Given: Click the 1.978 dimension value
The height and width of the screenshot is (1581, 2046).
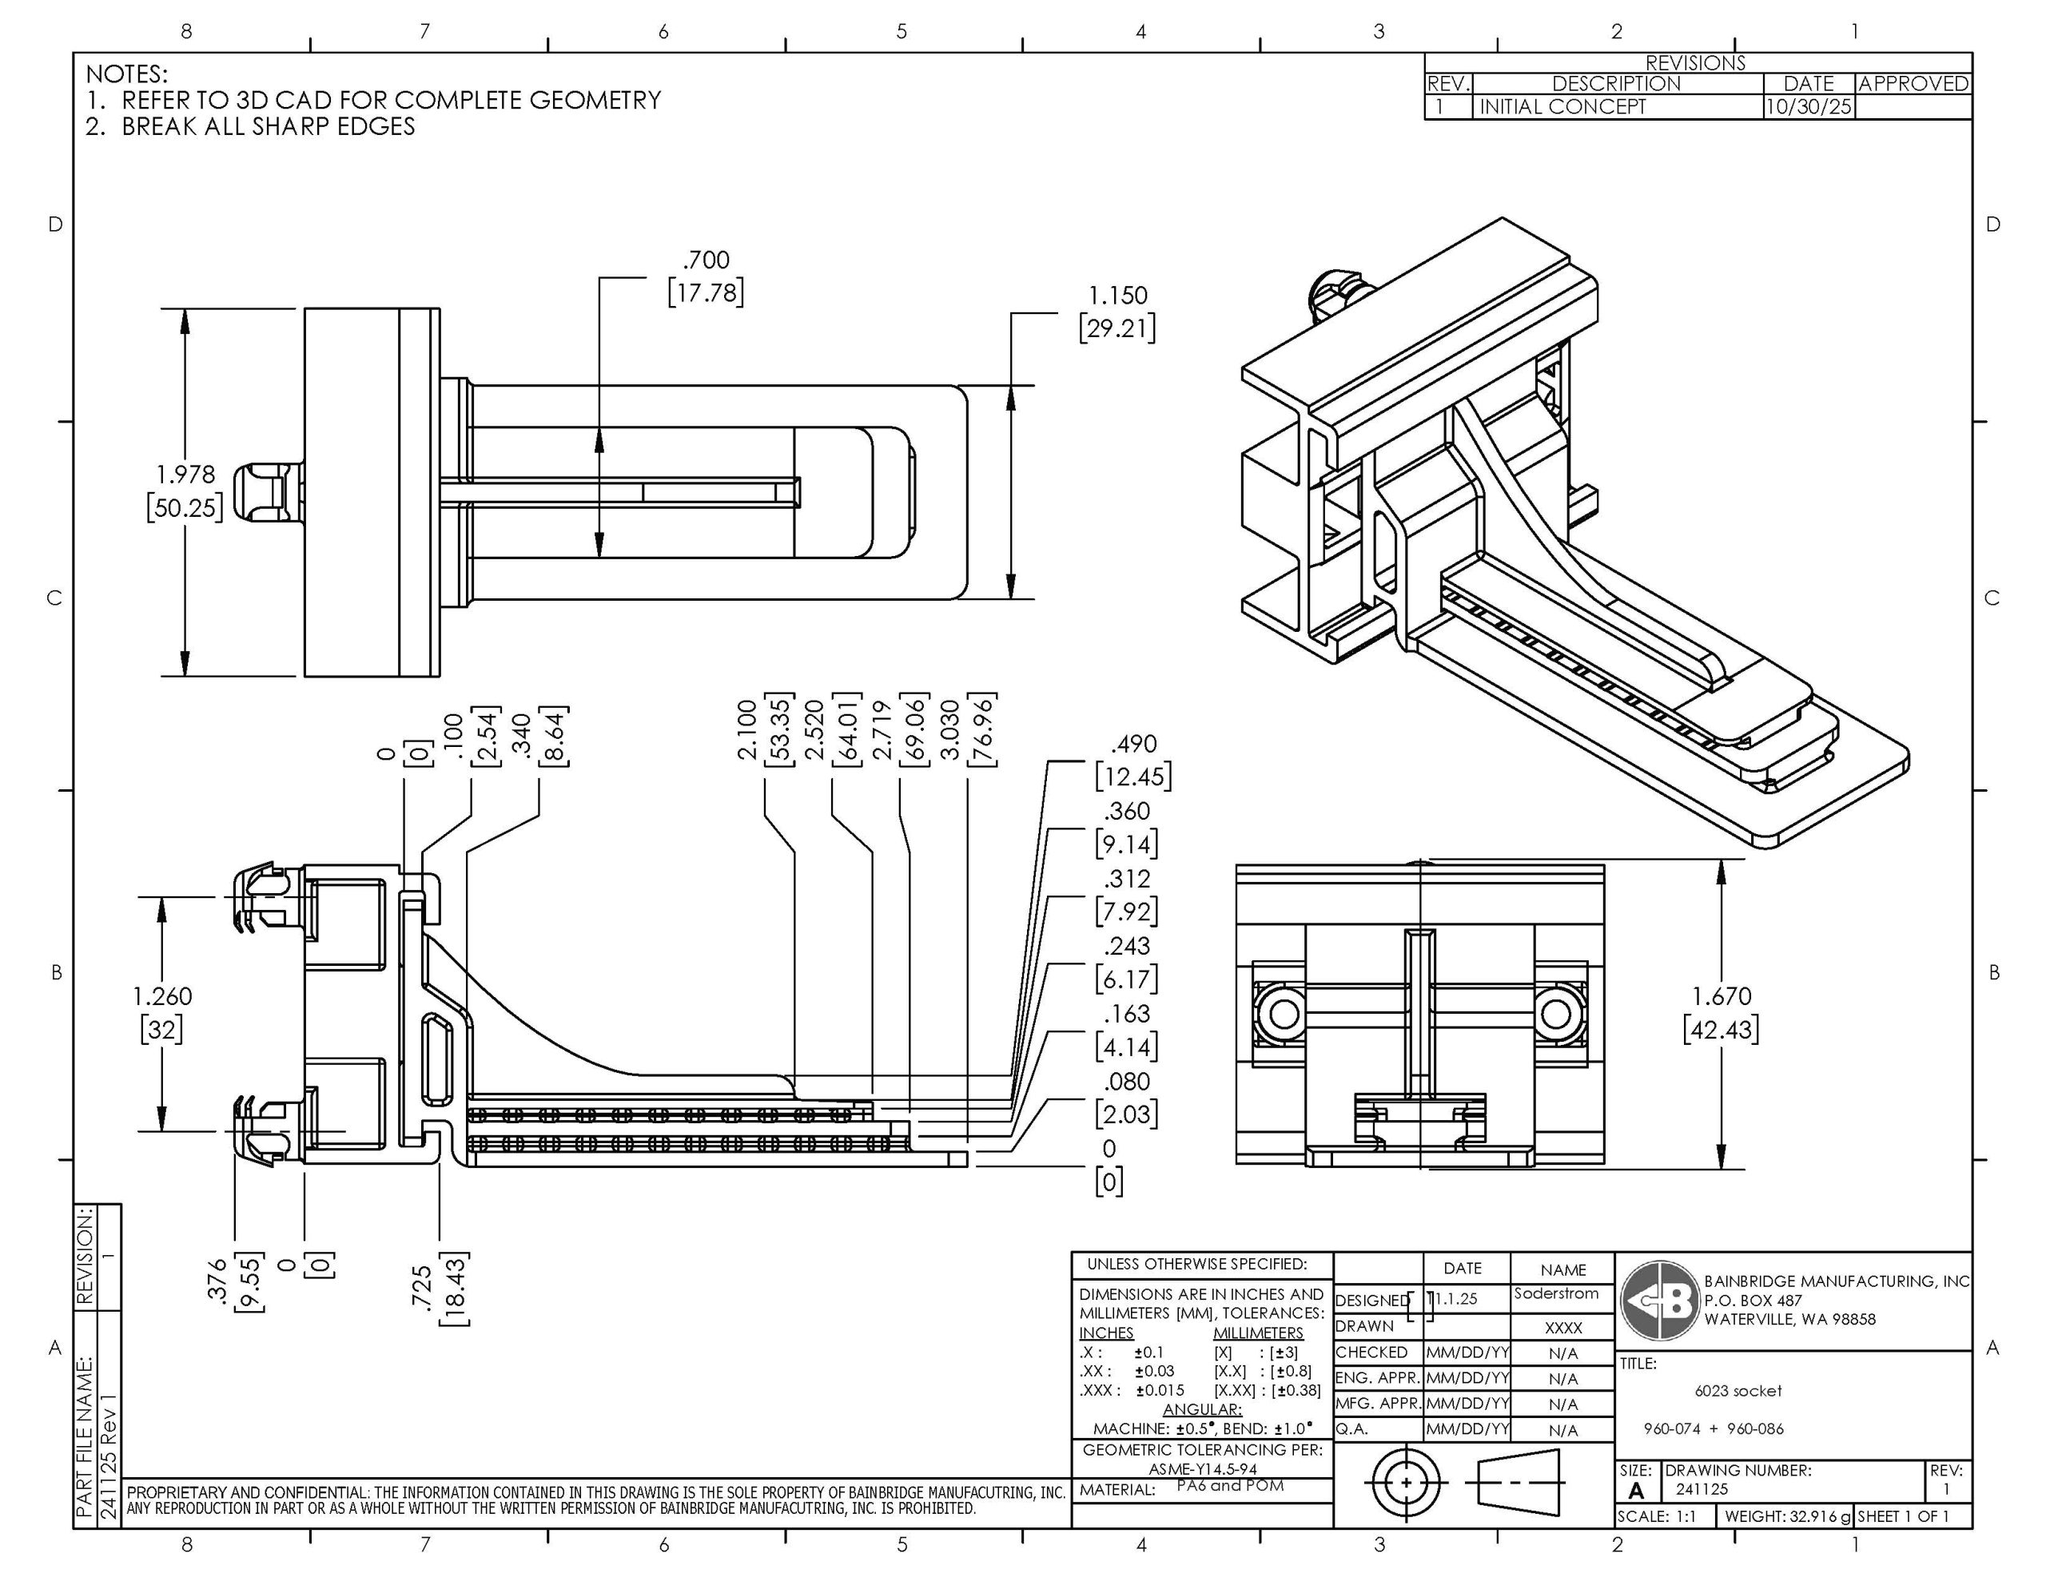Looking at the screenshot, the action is [185, 475].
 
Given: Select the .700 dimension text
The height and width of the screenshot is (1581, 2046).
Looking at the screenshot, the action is [706, 260].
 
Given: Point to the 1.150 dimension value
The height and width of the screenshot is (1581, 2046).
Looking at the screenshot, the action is [1117, 295].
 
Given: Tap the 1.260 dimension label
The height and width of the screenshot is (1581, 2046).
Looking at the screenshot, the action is [162, 995].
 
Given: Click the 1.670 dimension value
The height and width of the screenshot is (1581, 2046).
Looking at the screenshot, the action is [1721, 995].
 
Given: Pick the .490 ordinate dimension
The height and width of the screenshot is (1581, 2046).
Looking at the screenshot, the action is [1132, 744].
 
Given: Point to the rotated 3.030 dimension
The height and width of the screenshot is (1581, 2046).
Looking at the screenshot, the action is [949, 729].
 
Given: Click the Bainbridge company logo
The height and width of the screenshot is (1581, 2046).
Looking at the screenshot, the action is [1659, 1301].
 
